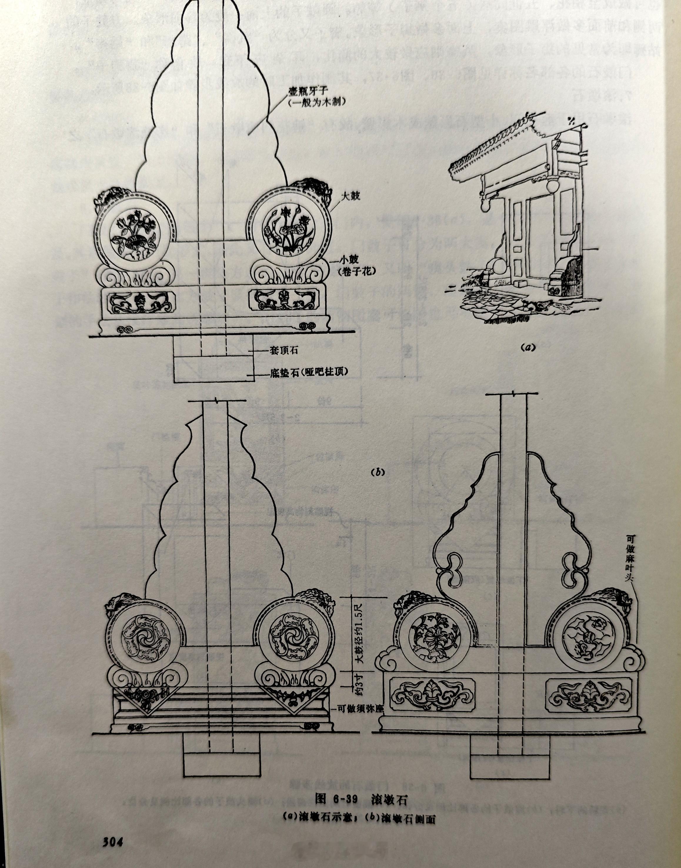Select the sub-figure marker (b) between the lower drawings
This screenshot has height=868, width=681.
tap(378, 472)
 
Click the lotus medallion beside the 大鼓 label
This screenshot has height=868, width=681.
tap(290, 230)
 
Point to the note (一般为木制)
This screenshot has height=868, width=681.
tap(316, 103)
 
